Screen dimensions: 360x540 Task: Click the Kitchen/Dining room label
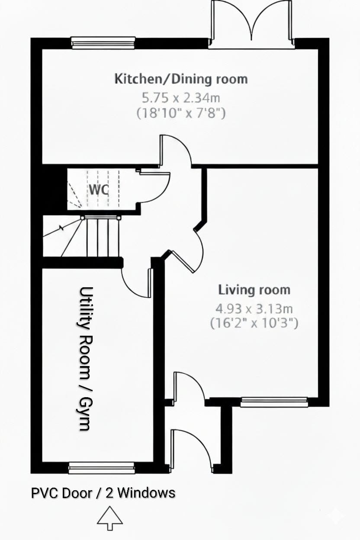click(x=181, y=79)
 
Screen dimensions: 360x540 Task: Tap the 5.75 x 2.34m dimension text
click(x=181, y=98)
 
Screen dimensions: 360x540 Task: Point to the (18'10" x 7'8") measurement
click(x=181, y=113)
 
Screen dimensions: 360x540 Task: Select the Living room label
click(x=254, y=290)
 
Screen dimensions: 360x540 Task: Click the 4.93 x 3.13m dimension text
click(x=254, y=309)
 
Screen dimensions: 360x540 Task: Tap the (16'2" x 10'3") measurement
click(x=254, y=323)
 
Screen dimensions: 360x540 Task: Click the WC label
click(x=99, y=190)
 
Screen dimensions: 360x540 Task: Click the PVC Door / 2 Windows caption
click(x=103, y=493)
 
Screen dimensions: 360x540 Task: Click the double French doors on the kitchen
click(x=251, y=24)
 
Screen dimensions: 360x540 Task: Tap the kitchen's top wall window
click(x=103, y=43)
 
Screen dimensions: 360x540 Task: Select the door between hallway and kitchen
click(x=176, y=151)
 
